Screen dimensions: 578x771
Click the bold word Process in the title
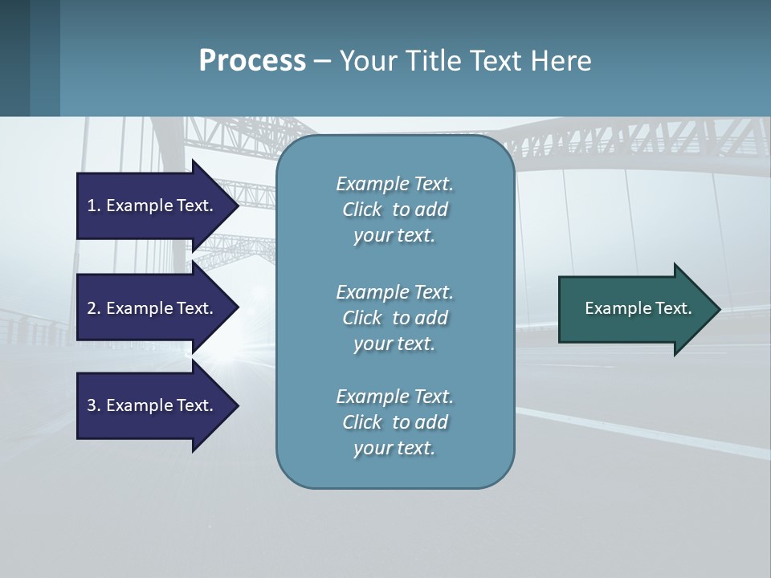pos(252,61)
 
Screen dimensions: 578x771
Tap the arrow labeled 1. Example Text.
pos(153,206)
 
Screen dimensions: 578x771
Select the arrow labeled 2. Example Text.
pos(153,308)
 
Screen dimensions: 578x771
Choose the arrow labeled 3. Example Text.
pos(153,405)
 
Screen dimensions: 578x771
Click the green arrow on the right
pos(634,309)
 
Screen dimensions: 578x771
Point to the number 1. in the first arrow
pos(94,206)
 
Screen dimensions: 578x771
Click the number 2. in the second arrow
pos(94,308)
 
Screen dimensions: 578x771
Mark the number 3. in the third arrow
pos(94,405)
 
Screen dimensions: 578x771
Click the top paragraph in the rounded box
pos(394,210)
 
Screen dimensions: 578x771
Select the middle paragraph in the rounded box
pos(394,318)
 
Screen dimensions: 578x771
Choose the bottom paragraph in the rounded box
pos(394,422)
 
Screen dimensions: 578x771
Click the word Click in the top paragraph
pos(361,210)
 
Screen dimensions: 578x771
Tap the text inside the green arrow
pos(638,308)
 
